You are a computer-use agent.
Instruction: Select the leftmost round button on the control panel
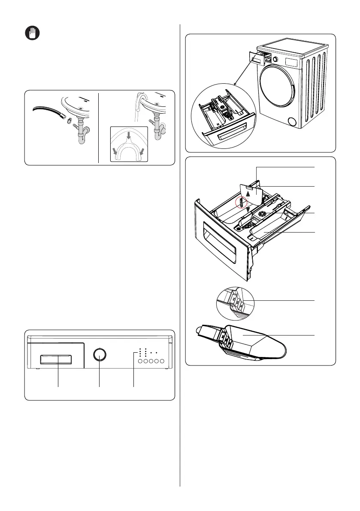pos(140,362)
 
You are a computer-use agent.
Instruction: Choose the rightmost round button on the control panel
pos(162,362)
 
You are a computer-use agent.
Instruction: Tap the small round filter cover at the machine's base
pos(293,122)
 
